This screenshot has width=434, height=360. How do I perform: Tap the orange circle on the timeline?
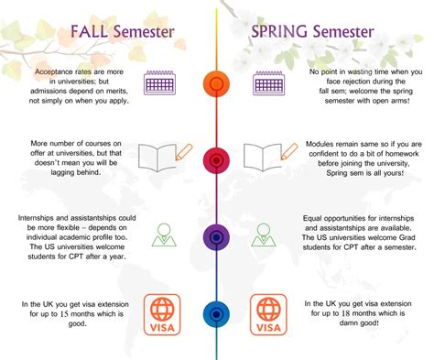[x=216, y=82]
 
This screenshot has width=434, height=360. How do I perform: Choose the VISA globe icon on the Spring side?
[x=269, y=313]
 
